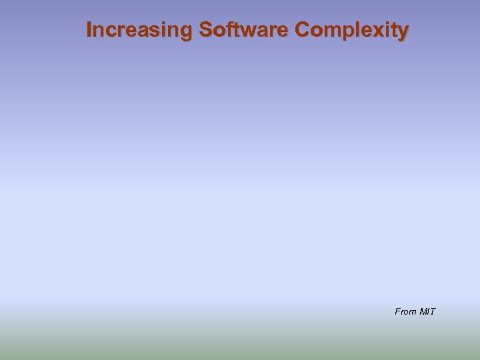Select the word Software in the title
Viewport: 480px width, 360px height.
coord(244,30)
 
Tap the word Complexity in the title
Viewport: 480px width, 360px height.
coord(351,30)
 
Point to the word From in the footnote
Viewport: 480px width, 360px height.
coord(405,311)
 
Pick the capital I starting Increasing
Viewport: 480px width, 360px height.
coord(90,30)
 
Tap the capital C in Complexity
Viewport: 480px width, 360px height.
coord(302,30)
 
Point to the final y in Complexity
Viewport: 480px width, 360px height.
coord(403,32)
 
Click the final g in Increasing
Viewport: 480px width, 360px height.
coord(187,32)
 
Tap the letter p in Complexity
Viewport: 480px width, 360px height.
coord(347,32)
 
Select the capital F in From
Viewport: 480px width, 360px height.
coord(398,311)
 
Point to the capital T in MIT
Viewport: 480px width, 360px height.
coord(433,311)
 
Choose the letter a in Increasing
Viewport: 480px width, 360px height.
coord(147,31)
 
